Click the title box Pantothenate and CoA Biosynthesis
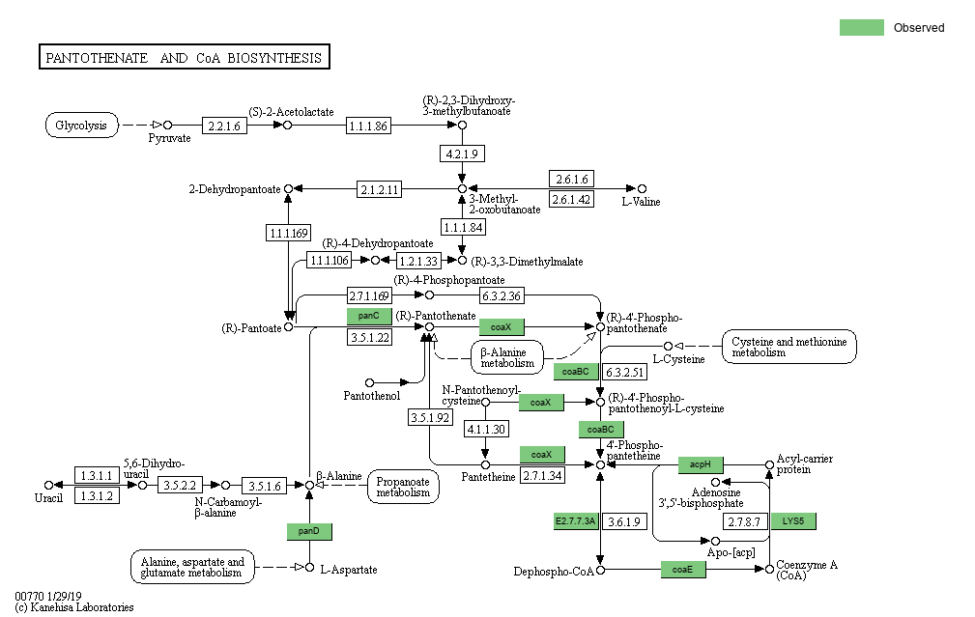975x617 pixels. click(x=184, y=57)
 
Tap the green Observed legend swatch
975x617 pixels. click(x=861, y=27)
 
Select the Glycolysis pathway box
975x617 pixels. click(x=82, y=125)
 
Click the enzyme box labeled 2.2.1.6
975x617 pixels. click(x=224, y=126)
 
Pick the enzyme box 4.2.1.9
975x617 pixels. click(x=462, y=154)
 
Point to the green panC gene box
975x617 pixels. click(x=368, y=316)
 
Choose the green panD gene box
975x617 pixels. click(x=309, y=531)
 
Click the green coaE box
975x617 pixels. click(x=683, y=570)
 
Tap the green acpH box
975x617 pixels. click(x=701, y=464)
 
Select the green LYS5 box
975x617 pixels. click(x=793, y=521)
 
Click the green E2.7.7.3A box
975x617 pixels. click(x=576, y=521)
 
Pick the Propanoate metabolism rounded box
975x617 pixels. click(x=403, y=487)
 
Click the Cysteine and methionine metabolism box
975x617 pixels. click(x=789, y=347)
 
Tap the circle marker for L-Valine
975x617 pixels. click(x=642, y=189)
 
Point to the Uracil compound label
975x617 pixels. click(x=48, y=498)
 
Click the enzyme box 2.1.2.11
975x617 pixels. click(x=379, y=189)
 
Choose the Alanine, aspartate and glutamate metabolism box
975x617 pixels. click(x=192, y=567)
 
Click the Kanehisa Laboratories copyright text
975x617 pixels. click(x=74, y=607)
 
